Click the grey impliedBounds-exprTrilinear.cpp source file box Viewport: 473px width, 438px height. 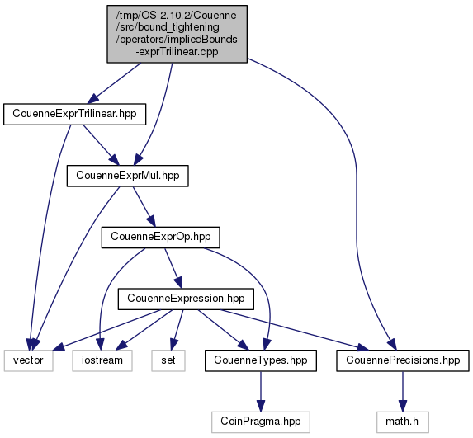click(177, 34)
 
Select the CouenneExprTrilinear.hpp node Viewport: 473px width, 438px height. click(74, 115)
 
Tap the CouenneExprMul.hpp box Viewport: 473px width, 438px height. click(128, 176)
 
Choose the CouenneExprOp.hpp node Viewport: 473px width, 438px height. click(160, 238)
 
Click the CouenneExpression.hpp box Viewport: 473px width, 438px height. click(186, 299)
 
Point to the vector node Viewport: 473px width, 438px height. click(28, 360)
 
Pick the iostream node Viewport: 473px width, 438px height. click(102, 360)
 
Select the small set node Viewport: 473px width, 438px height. click(168, 360)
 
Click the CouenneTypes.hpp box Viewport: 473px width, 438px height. click(261, 360)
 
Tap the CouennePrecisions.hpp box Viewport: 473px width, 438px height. click(403, 360)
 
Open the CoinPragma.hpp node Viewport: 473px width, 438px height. click(261, 422)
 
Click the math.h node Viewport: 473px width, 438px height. click(402, 422)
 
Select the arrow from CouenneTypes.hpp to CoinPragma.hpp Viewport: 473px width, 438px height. click(261, 391)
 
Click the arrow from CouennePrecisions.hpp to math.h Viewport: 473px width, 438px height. click(402, 391)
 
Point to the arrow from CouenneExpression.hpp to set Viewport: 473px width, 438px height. click(177, 330)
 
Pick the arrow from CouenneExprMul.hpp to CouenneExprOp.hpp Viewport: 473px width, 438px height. click(144, 207)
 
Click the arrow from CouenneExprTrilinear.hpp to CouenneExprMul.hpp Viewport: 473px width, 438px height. click(101, 145)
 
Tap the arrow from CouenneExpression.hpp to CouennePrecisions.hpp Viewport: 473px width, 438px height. click(294, 331)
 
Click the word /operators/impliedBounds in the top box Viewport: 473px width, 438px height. click(177, 40)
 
